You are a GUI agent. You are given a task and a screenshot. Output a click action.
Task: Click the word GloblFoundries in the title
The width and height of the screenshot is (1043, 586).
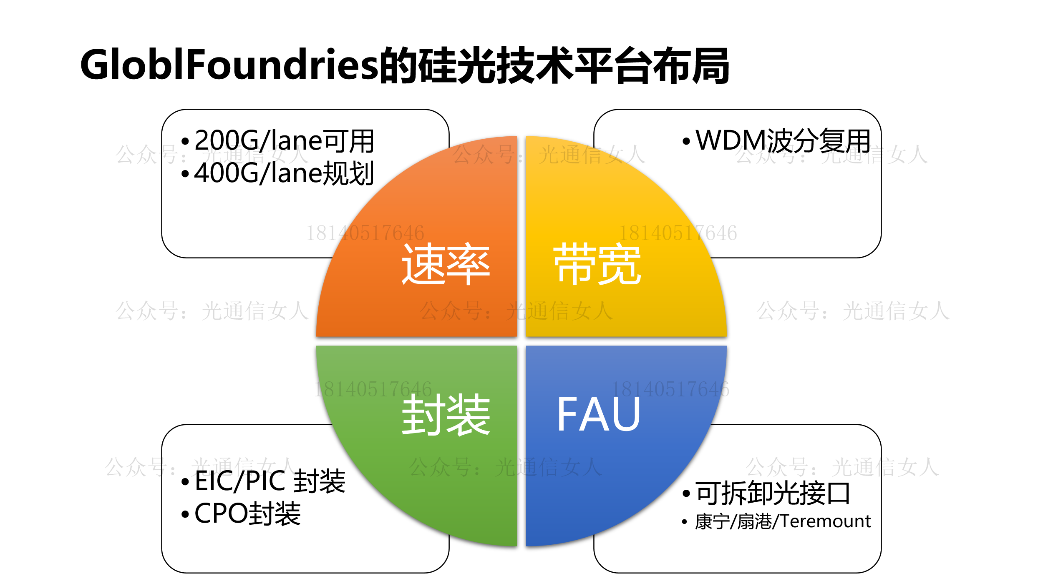coord(229,65)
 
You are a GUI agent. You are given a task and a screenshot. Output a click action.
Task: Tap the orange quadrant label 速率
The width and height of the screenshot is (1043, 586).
coord(446,264)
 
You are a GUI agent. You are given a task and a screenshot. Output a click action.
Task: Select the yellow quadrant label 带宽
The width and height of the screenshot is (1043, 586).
coord(597,264)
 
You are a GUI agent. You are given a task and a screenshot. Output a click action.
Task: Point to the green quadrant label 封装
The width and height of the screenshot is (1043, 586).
coord(446,415)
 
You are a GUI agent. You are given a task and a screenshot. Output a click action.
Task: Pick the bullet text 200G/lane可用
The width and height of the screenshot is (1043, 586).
coord(284,140)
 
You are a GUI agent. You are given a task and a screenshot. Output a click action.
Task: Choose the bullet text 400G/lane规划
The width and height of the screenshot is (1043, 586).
coord(284,173)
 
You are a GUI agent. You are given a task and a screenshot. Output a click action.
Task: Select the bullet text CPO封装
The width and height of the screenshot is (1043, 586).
coord(247,513)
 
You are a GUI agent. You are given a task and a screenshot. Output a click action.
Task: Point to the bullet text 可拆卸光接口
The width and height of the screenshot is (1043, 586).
coord(773,493)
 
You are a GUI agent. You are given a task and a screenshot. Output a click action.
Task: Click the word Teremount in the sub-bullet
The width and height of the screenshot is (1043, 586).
coord(825,521)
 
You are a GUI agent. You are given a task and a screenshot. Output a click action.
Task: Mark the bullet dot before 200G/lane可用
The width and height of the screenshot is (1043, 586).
coord(185,141)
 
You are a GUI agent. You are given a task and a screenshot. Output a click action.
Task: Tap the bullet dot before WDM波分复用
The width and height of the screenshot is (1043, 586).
coord(686,141)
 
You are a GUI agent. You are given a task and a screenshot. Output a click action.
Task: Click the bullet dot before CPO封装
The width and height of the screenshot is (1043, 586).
coord(185,514)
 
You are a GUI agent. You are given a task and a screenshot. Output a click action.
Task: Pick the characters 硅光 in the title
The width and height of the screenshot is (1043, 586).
coord(457,65)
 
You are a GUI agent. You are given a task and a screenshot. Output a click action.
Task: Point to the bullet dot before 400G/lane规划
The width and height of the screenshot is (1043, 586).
coord(185,174)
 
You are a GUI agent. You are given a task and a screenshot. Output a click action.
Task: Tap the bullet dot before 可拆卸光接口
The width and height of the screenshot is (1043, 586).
coord(686,494)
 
